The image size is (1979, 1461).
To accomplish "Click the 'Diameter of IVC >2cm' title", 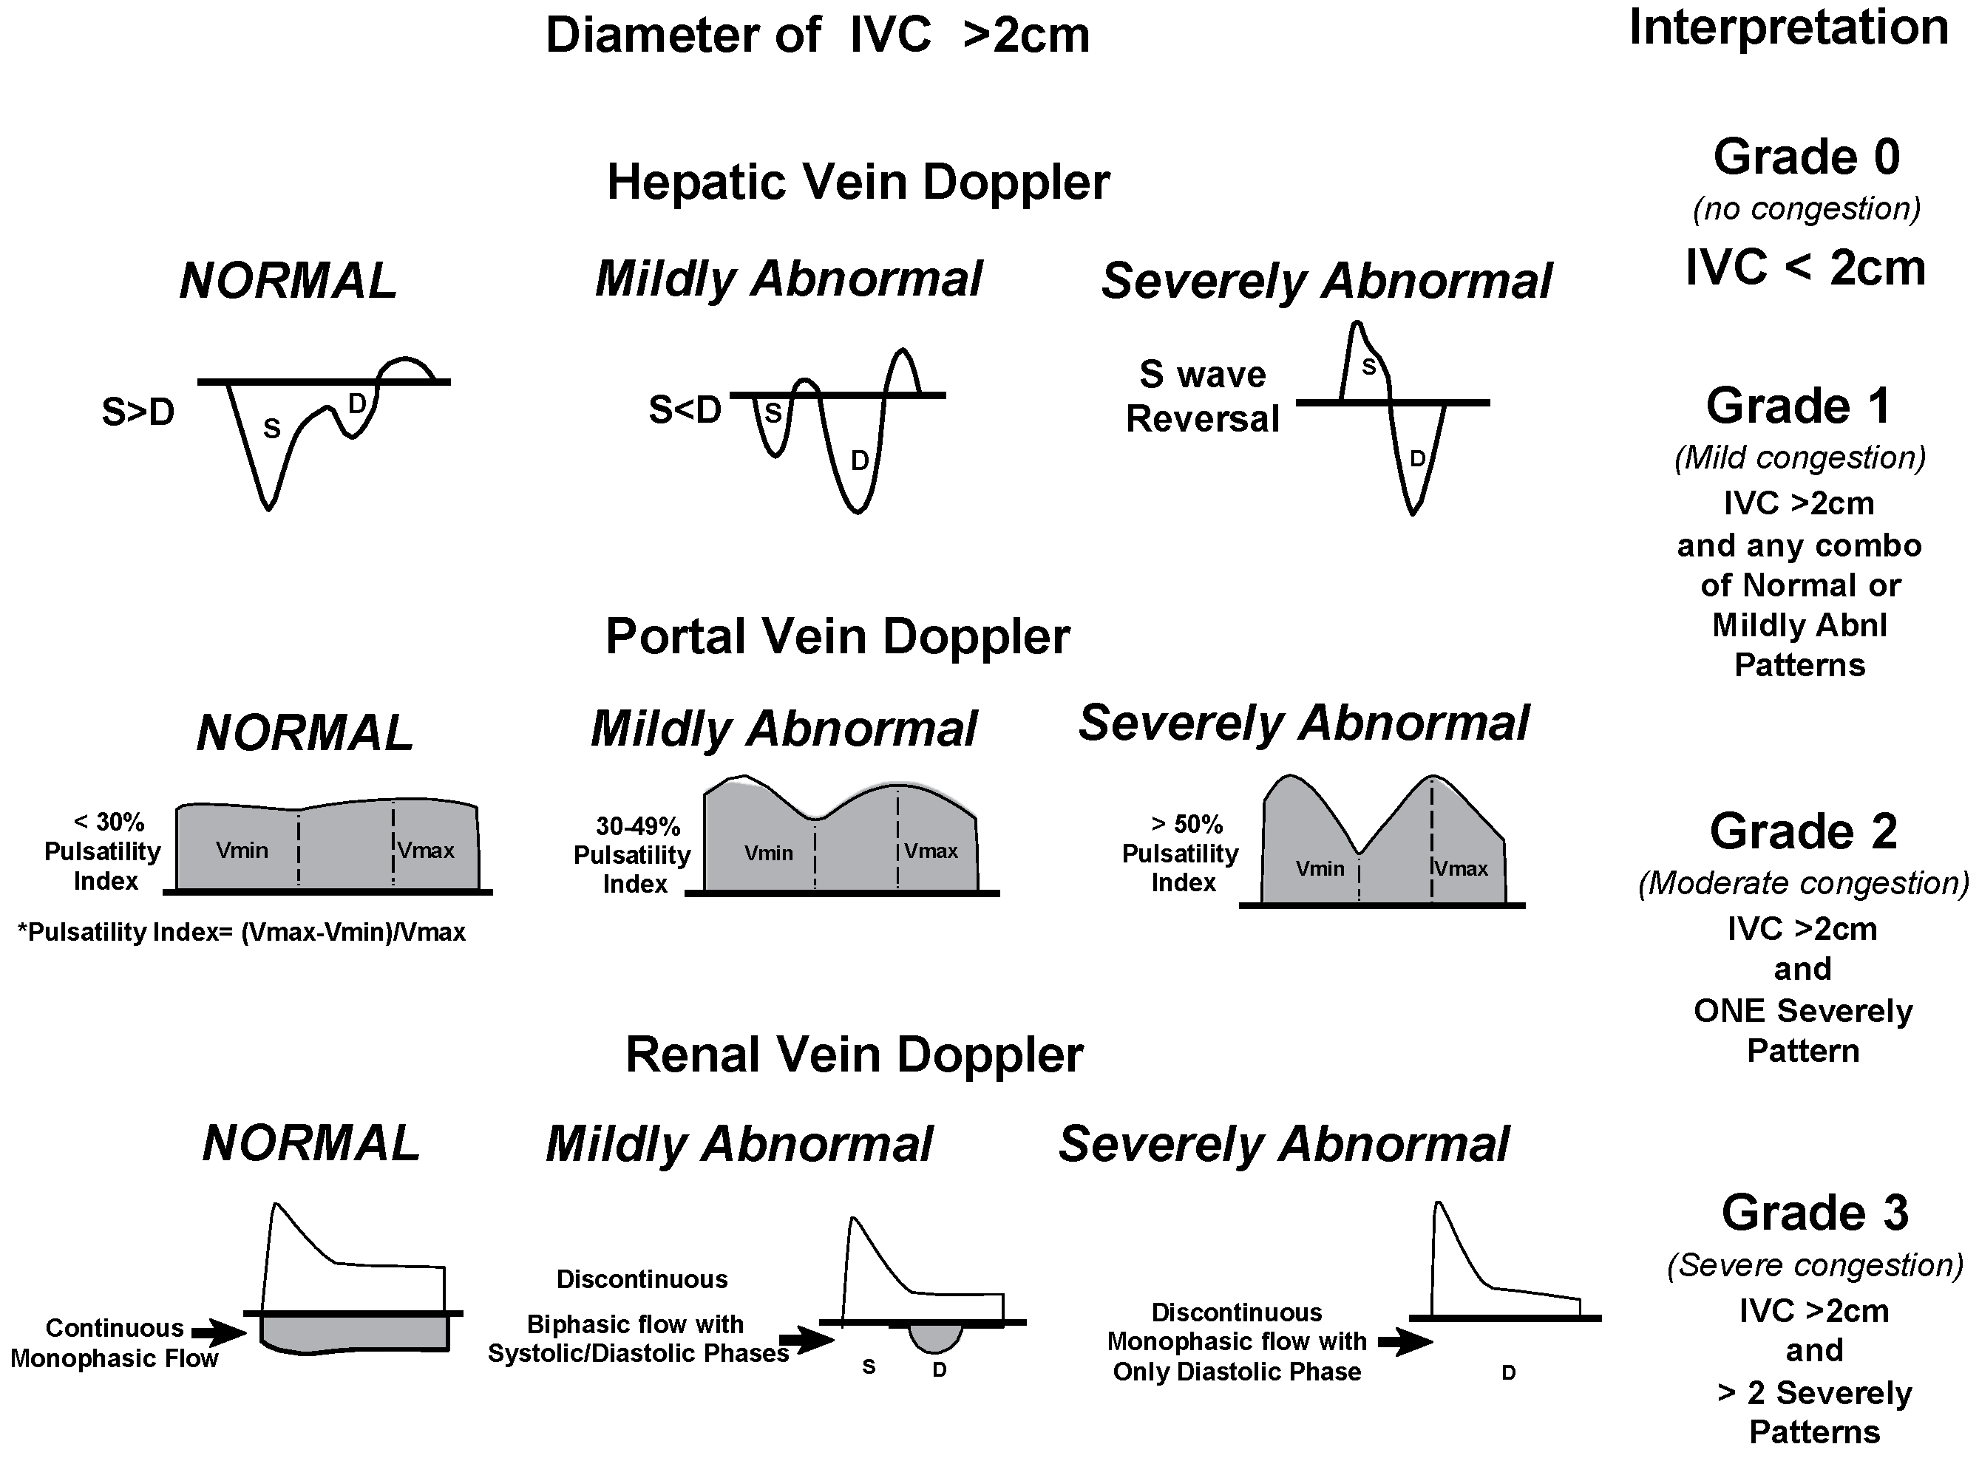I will click(x=817, y=36).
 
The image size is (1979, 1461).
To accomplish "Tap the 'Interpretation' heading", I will click(x=1788, y=27).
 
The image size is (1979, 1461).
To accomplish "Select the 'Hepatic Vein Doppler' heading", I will click(x=858, y=183).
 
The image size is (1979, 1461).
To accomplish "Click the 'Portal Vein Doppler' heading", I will click(x=837, y=637).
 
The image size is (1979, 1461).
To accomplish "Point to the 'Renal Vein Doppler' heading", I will click(x=854, y=1055).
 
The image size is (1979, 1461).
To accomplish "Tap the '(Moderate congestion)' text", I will click(x=1803, y=882).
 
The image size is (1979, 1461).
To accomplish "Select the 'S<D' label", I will click(x=685, y=410).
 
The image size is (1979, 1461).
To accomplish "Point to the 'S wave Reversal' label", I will click(x=1202, y=397).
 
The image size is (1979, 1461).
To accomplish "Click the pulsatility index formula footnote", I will click(x=242, y=932).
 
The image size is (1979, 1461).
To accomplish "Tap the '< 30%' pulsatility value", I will click(x=109, y=823).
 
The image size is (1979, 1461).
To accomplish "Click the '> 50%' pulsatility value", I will click(x=1187, y=824).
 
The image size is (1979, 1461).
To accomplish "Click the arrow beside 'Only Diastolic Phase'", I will click(x=1405, y=1343).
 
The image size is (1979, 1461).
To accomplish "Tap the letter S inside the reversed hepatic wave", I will click(x=1368, y=366).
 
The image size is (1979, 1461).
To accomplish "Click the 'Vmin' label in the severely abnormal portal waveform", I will click(x=1319, y=868).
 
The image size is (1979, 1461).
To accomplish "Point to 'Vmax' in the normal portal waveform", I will click(x=426, y=851).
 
